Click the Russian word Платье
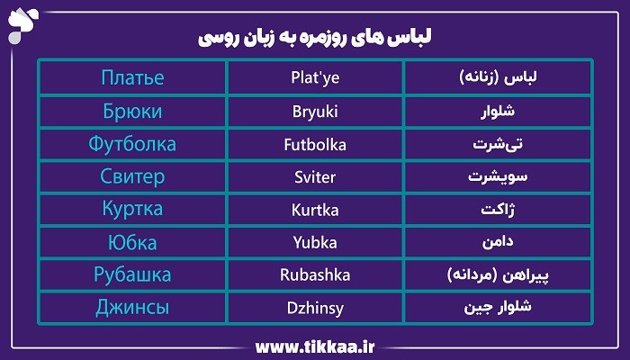click(132, 77)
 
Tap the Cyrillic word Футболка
click(132, 144)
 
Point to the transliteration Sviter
click(314, 177)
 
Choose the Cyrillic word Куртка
click(132, 210)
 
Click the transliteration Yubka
click(314, 243)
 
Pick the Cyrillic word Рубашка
click(132, 275)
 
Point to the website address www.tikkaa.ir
click(315, 346)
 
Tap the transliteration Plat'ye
click(314, 78)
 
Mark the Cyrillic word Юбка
click(132, 243)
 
